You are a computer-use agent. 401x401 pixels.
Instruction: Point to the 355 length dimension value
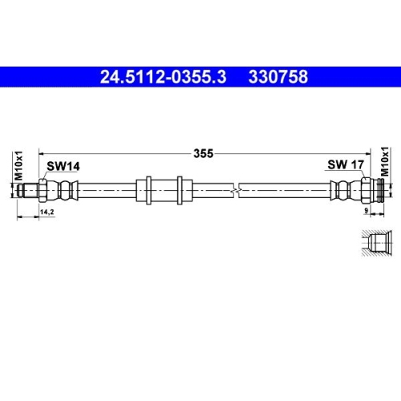pyautogui.click(x=202, y=156)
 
